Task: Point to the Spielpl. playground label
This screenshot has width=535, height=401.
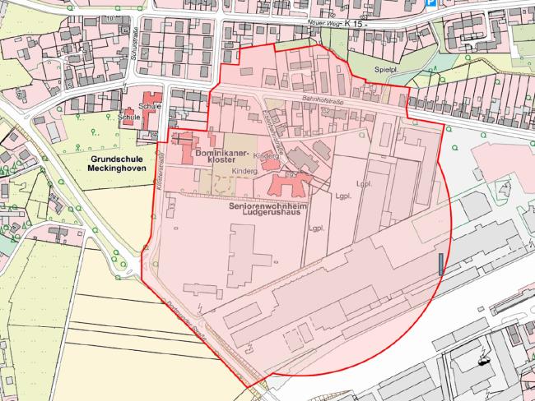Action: point(386,71)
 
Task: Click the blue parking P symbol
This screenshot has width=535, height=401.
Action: point(430,3)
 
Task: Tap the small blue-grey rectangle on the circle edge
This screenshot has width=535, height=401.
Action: point(440,263)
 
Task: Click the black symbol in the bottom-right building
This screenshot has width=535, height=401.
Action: point(482,358)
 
